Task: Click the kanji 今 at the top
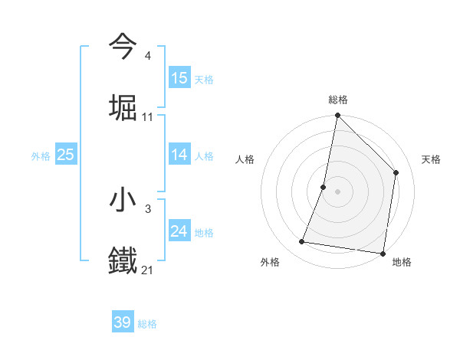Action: pyautogui.click(x=123, y=47)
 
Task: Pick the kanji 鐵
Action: pyautogui.click(x=123, y=261)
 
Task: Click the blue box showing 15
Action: pyautogui.click(x=179, y=78)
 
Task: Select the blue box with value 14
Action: pyautogui.click(x=179, y=155)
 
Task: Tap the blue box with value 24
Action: pyautogui.click(x=179, y=231)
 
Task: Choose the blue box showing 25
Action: pyautogui.click(x=66, y=155)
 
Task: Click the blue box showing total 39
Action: pyautogui.click(x=123, y=322)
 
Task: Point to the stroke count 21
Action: pyautogui.click(x=147, y=270)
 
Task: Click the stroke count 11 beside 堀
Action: pyautogui.click(x=147, y=116)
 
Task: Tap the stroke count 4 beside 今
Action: pyautogui.click(x=147, y=55)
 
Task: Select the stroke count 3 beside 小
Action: pyautogui.click(x=147, y=208)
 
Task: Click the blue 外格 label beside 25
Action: pyautogui.click(x=41, y=156)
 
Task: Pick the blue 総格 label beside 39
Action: pyautogui.click(x=147, y=324)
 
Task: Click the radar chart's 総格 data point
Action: pyautogui.click(x=337, y=116)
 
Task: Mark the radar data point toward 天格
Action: pyautogui.click(x=396, y=172)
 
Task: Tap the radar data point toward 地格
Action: pyautogui.click(x=383, y=253)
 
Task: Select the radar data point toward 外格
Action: pyautogui.click(x=302, y=242)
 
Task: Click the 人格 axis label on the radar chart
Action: pyautogui.click(x=245, y=159)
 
